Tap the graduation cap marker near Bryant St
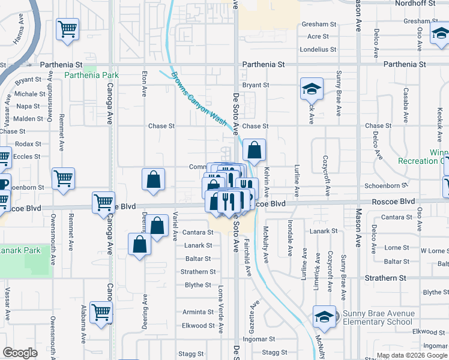point(312,89)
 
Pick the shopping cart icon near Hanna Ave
point(68,29)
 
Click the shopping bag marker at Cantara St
point(157,227)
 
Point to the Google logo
point(20,353)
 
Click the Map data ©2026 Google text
point(412,355)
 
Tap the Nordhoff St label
point(418,4)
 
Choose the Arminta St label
point(199,312)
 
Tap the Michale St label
point(30,94)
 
